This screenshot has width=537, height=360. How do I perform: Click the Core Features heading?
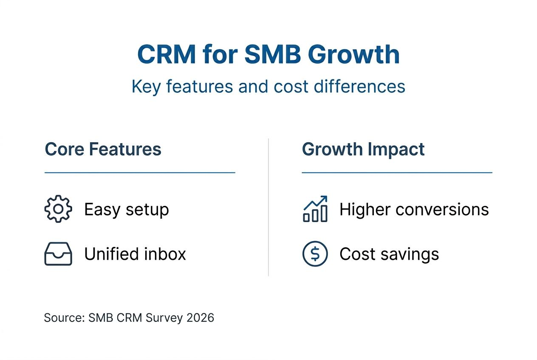pos(103,149)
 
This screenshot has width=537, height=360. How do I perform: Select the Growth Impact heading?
pos(363,149)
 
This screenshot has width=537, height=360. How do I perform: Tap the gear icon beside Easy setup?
pos(58,209)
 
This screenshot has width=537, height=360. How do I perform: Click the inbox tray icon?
pos(58,254)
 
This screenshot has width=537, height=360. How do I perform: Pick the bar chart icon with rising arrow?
pos(315,209)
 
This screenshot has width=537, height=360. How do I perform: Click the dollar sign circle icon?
pos(315,254)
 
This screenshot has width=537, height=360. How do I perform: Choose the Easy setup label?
pos(126,209)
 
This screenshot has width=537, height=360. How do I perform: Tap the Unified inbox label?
pos(135,254)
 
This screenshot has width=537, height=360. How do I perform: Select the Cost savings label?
pos(389,254)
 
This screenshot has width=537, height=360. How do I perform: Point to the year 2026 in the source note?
pos(200,318)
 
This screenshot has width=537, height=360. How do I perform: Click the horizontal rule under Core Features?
pos(140,173)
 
